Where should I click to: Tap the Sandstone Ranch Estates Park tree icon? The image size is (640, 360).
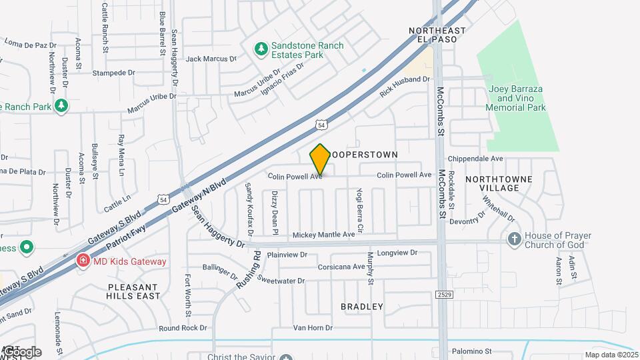[x=261, y=49]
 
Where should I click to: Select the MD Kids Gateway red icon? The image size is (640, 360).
[x=83, y=261]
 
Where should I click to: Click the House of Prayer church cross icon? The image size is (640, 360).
[x=514, y=239]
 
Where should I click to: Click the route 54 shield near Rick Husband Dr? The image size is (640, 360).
[x=321, y=125]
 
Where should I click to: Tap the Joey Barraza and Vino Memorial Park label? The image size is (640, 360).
[x=515, y=98]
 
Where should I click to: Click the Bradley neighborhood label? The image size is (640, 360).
[x=362, y=307]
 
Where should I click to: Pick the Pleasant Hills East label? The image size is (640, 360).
[x=133, y=291]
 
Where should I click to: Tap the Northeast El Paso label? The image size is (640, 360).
[x=437, y=35]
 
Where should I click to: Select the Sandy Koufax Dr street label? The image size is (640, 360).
[x=250, y=209]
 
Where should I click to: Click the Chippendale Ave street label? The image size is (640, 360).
[x=475, y=159]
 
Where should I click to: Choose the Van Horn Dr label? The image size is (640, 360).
[x=313, y=327]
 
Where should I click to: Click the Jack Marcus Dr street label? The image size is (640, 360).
[x=211, y=59]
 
